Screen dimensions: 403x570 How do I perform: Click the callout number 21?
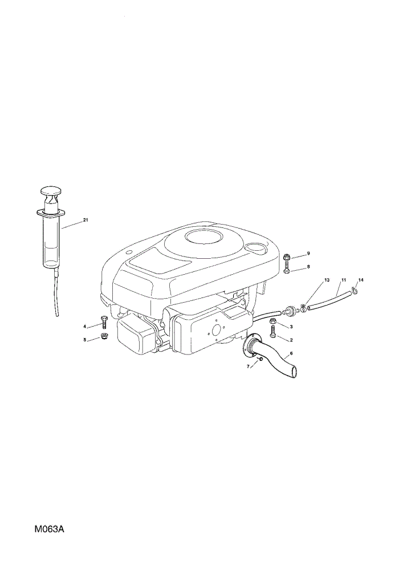(86, 220)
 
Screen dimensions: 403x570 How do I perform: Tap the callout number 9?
(308, 253)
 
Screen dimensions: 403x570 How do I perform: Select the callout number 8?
(308, 266)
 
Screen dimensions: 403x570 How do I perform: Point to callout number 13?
(327, 280)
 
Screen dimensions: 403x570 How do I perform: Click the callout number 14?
(360, 280)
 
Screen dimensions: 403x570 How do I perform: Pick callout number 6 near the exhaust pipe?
(291, 353)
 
